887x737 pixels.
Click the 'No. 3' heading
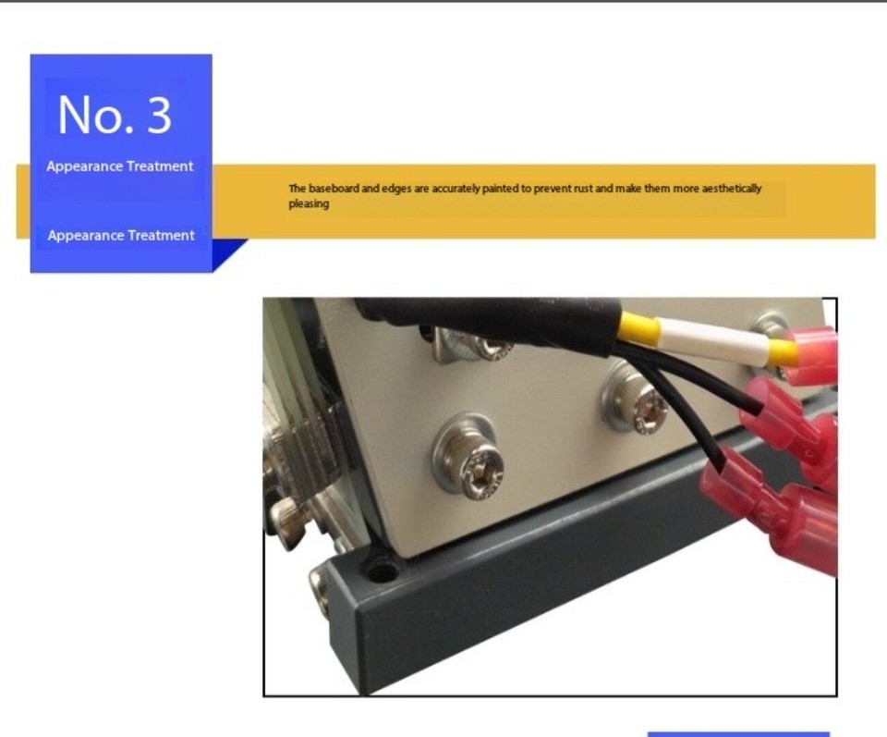click(115, 115)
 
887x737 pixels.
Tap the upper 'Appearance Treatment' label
click(120, 166)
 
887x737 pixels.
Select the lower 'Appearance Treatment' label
click(121, 235)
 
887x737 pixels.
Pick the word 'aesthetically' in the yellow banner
click(731, 189)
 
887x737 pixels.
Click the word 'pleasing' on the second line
click(309, 203)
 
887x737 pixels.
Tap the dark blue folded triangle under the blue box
click(227, 252)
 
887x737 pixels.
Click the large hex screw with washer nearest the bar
click(468, 457)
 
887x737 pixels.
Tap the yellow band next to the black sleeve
click(638, 329)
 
